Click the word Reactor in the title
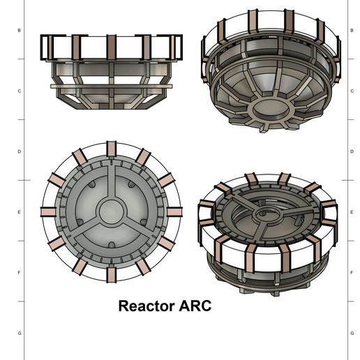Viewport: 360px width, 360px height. click(x=147, y=306)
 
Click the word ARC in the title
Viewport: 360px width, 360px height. click(x=195, y=306)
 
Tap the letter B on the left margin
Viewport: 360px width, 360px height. click(x=20, y=31)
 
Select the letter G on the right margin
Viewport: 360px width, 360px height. click(x=352, y=333)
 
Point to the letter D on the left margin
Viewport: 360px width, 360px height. click(x=20, y=151)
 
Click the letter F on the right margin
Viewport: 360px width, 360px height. click(x=352, y=273)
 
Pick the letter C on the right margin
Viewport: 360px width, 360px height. click(x=352, y=91)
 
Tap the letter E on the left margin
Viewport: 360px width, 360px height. click(x=20, y=212)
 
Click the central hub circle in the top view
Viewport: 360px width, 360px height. click(x=111, y=212)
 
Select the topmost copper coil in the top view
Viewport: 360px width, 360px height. click(x=111, y=149)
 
